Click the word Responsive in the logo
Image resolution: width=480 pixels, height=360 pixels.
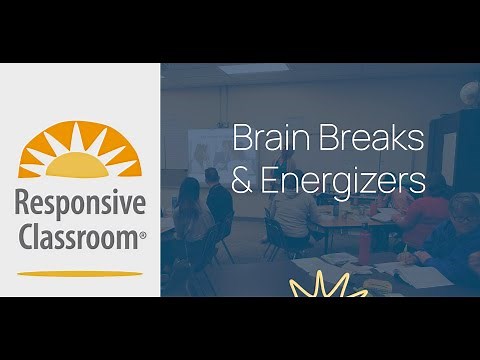[80, 203]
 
